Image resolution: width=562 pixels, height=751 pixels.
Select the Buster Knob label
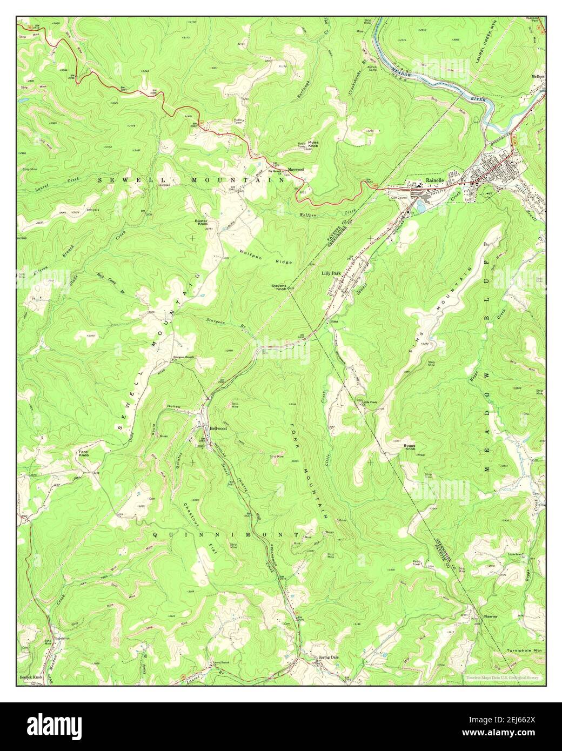pyautogui.click(x=202, y=223)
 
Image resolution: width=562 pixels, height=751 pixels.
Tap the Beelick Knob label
pyautogui.click(x=31, y=676)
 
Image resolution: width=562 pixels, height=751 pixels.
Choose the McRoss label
pyautogui.click(x=538, y=77)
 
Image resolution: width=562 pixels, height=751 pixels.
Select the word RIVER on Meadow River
pyautogui.click(x=478, y=100)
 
